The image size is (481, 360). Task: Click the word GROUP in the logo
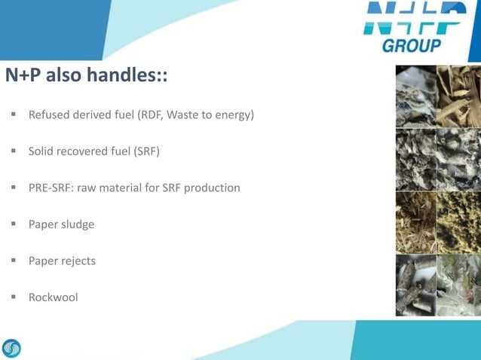tap(412, 46)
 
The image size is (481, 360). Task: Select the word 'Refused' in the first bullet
tap(50, 115)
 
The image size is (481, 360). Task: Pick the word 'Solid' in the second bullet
tap(41, 151)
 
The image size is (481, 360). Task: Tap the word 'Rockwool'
tap(53, 297)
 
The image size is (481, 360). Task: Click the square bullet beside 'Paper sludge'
tap(14, 224)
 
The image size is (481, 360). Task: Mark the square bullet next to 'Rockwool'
tap(14, 297)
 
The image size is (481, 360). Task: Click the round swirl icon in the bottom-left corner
tap(12, 348)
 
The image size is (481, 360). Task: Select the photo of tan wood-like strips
tap(458, 95)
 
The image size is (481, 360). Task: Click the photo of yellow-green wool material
tap(458, 221)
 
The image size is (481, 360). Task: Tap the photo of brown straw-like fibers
tap(416, 221)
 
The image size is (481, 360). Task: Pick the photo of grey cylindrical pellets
tap(416, 285)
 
